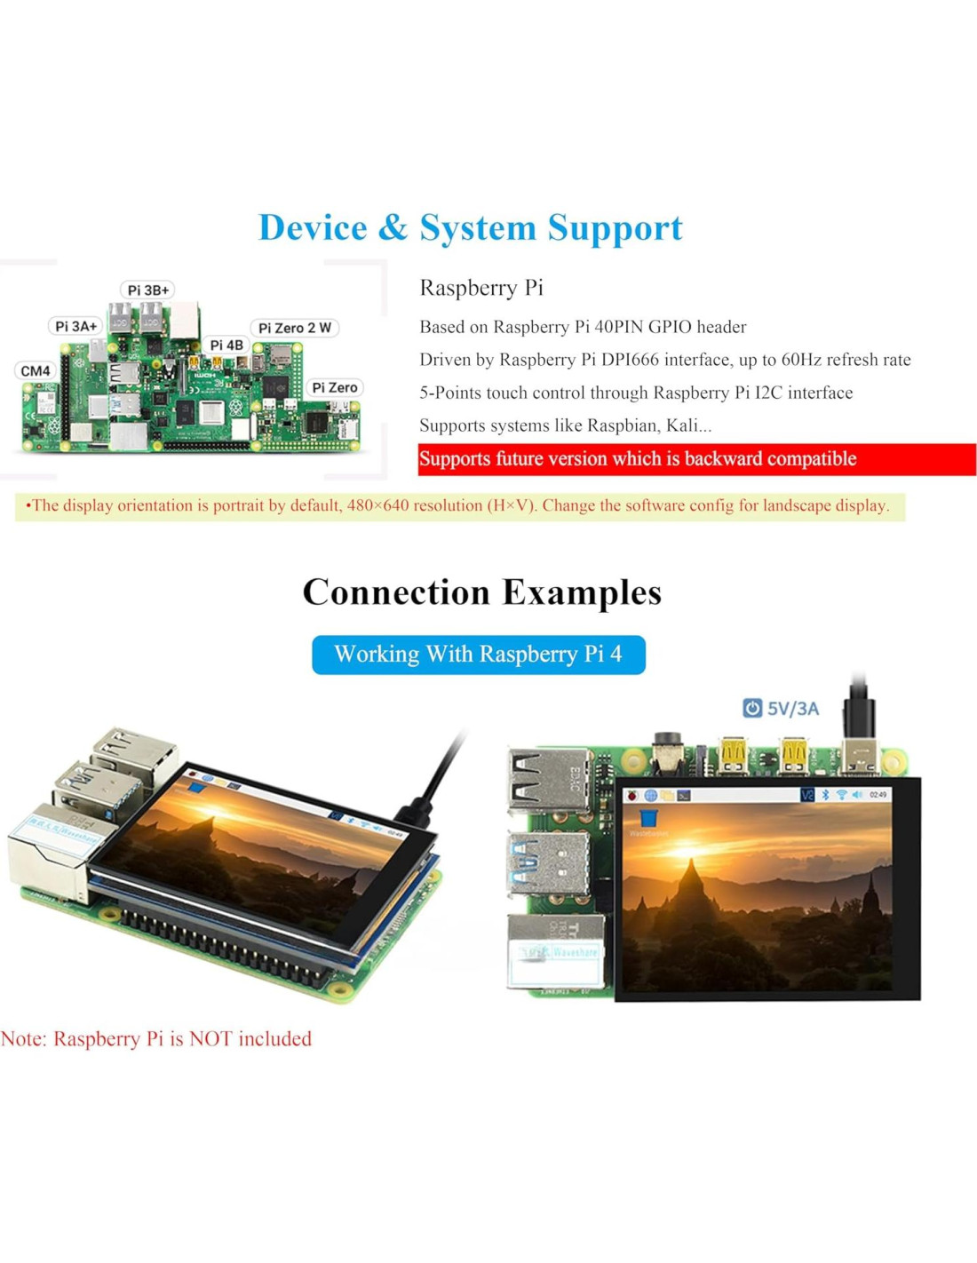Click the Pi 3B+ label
pos(147,290)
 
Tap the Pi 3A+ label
pos(75,326)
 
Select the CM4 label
pos(36,370)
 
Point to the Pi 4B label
pos(226,345)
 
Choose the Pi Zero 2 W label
pos(295,328)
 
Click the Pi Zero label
pos(335,387)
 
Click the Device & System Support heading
pos(470,227)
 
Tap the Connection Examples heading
pos(482,592)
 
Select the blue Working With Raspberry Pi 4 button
pos(478,655)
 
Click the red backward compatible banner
pos(696,459)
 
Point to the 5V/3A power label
pos(793,709)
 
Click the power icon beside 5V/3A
pos(752,708)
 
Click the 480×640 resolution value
pos(377,505)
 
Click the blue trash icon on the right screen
pos(649,817)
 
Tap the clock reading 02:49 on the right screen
pos(878,795)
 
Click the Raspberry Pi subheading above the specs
pos(481,288)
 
